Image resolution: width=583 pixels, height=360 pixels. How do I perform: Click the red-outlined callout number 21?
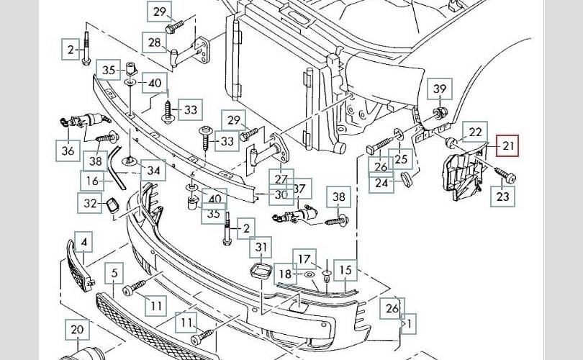pos(509,147)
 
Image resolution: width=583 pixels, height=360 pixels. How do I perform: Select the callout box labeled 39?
pos(440,90)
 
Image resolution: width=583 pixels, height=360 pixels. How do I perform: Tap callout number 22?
pos(475,132)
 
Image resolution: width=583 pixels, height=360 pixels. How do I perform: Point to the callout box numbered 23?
pos(503,194)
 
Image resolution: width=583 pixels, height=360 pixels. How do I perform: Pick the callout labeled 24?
pos(381,182)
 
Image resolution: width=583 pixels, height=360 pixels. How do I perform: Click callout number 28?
pos(155,42)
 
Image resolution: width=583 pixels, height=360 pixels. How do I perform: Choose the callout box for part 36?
pos(68,150)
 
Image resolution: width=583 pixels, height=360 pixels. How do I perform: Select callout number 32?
pos(90,204)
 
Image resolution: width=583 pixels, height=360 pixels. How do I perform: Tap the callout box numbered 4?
pos(84,243)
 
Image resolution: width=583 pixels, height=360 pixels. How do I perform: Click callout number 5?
pos(114,273)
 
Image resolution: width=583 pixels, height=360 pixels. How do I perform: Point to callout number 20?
pos(77,330)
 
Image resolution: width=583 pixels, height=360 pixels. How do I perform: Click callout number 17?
pos(304,259)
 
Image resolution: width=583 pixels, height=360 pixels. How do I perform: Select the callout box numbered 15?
pos(346,271)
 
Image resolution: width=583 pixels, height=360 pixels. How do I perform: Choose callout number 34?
pos(153,171)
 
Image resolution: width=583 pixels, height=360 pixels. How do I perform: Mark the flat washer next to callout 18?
pos(309,274)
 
